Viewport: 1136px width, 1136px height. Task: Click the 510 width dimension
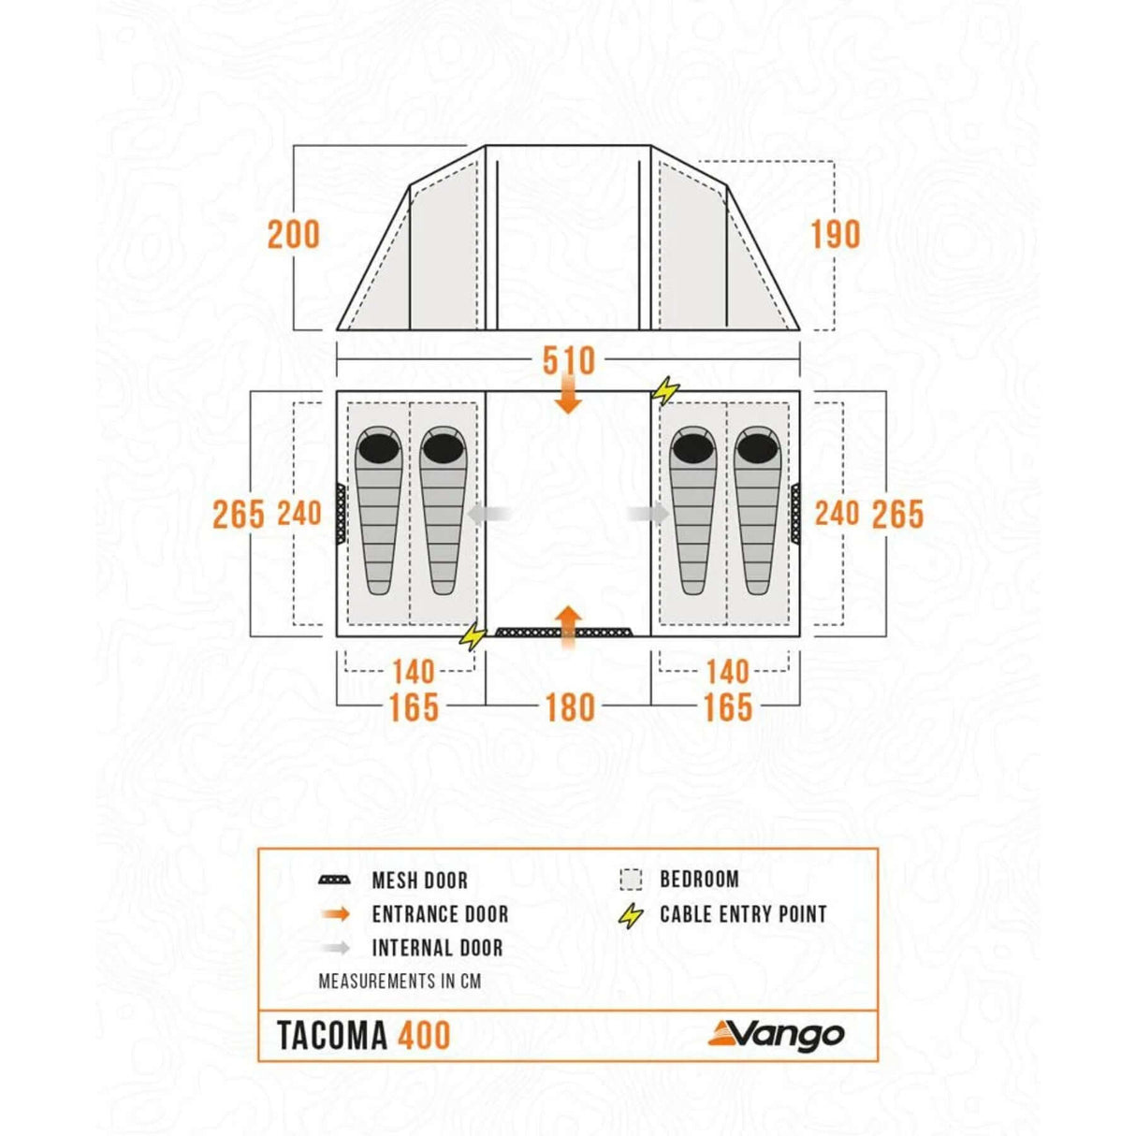(568, 360)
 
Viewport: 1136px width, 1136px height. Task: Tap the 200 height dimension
(293, 235)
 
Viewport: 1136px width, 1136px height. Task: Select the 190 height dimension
(835, 235)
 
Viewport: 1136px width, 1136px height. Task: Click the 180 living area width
(570, 707)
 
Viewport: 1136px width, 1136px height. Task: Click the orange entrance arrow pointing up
(568, 625)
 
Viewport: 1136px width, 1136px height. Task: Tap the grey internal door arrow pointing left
(489, 514)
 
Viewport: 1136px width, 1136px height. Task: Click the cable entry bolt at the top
(665, 389)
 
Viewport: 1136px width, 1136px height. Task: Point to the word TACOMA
(332, 1036)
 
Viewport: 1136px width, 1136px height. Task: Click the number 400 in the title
(424, 1036)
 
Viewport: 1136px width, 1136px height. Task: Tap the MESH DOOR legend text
(419, 881)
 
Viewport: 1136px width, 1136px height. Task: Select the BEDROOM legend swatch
(631, 880)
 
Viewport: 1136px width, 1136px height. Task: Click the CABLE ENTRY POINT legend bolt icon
(632, 916)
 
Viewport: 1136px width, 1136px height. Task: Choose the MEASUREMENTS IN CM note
(400, 982)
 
